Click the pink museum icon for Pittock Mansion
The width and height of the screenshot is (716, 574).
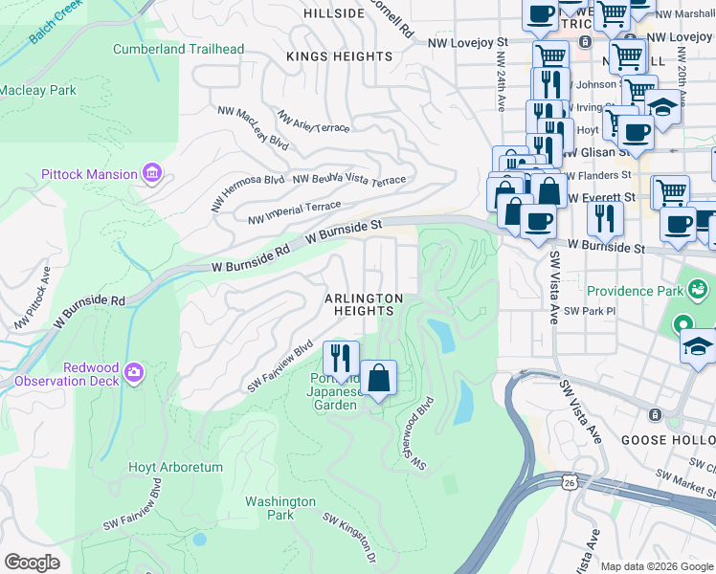pyautogui.click(x=151, y=173)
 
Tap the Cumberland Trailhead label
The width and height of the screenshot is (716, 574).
pyautogui.click(x=178, y=49)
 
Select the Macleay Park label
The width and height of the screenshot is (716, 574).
pyautogui.click(x=38, y=91)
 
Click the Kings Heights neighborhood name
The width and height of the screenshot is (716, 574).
pyautogui.click(x=340, y=56)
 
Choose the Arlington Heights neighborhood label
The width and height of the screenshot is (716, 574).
pyautogui.click(x=363, y=305)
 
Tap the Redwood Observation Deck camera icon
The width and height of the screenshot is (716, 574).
pyautogui.click(x=134, y=371)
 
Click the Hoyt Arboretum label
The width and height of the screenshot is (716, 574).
pyautogui.click(x=175, y=468)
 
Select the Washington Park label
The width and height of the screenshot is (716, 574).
pyautogui.click(x=280, y=508)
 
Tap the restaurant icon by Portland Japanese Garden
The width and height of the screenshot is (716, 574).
pyautogui.click(x=341, y=360)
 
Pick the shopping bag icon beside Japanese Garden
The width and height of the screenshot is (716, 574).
pyautogui.click(x=379, y=378)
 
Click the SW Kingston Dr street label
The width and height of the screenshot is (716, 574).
pyautogui.click(x=349, y=538)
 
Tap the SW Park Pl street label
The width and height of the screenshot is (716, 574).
pyautogui.click(x=587, y=311)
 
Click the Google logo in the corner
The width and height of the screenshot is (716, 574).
pyautogui.click(x=31, y=563)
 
